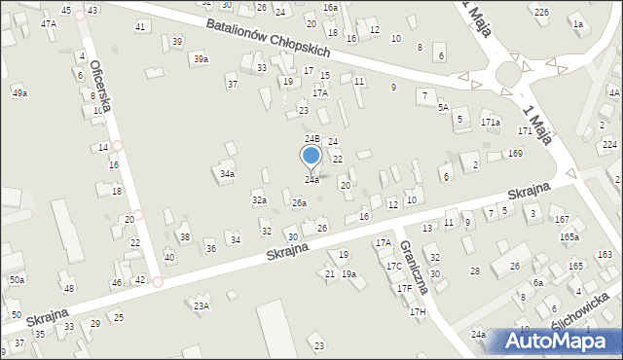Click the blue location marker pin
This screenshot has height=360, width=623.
[x=311, y=156]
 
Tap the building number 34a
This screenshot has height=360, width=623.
[x=227, y=174]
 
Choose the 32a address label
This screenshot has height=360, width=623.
[x=259, y=199]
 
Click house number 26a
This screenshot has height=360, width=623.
[x=300, y=202]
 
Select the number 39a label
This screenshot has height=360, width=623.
[x=200, y=59]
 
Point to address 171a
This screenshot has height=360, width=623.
[x=490, y=123]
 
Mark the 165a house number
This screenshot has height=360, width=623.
[x=569, y=236]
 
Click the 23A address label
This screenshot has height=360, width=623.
[x=202, y=306]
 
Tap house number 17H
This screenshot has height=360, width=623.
[x=418, y=311]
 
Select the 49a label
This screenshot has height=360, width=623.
[x=19, y=92]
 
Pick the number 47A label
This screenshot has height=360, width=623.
[x=48, y=22]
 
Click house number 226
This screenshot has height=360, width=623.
[x=541, y=12]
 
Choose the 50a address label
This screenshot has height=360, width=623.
[x=17, y=280]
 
